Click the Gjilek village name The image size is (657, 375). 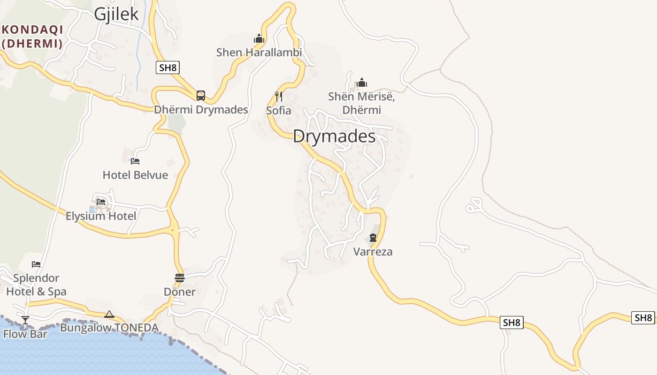point(116,14)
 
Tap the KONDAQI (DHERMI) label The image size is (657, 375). point(32,37)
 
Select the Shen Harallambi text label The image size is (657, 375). point(259,52)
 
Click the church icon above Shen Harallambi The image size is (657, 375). point(259,38)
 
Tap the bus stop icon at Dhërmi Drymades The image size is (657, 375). point(201,96)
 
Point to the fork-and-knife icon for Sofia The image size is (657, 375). point(279,97)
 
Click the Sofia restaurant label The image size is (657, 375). point(279,111)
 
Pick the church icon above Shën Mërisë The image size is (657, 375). point(361,83)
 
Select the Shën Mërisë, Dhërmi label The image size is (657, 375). point(361,103)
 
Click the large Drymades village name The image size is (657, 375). point(334,136)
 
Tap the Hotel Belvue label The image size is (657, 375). point(135,175)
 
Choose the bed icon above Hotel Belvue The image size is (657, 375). point(135,161)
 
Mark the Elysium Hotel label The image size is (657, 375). point(101,216)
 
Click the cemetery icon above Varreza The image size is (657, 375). point(373,238)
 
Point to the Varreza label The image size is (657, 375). point(373,252)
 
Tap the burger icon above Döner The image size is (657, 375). point(180,278)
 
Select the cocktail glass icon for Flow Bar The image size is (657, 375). point(25,320)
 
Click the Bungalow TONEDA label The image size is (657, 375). point(109,328)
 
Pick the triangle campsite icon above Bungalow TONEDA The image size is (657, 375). point(109,315)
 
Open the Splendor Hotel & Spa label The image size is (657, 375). point(36,285)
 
